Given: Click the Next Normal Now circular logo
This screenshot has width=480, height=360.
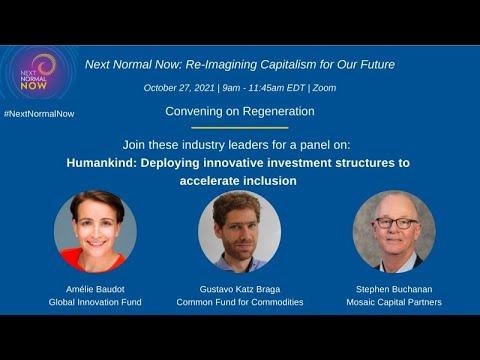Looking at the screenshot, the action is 37,73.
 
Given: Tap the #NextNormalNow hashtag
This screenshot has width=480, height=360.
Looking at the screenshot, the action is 39,114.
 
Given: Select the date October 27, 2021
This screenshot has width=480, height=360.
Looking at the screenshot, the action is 179,88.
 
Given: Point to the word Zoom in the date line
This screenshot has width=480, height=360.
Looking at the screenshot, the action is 324,88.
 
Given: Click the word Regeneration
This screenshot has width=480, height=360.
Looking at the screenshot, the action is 278,111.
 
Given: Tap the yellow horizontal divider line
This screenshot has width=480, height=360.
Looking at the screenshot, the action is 240,128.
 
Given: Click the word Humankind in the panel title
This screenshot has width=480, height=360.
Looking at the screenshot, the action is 101,163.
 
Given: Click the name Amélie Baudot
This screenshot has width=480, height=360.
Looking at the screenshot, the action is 95,289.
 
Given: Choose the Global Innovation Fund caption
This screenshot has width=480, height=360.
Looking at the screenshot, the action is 95,302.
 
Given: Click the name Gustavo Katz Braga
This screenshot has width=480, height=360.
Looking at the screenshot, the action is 240,289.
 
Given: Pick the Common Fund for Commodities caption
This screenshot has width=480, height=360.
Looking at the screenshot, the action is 240,302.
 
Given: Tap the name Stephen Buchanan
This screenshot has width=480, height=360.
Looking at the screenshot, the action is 394,289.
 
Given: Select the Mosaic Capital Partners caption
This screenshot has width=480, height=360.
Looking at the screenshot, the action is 394,302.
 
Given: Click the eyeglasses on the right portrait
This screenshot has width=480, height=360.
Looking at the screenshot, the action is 396,223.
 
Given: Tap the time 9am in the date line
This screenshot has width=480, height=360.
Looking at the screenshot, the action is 231,88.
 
